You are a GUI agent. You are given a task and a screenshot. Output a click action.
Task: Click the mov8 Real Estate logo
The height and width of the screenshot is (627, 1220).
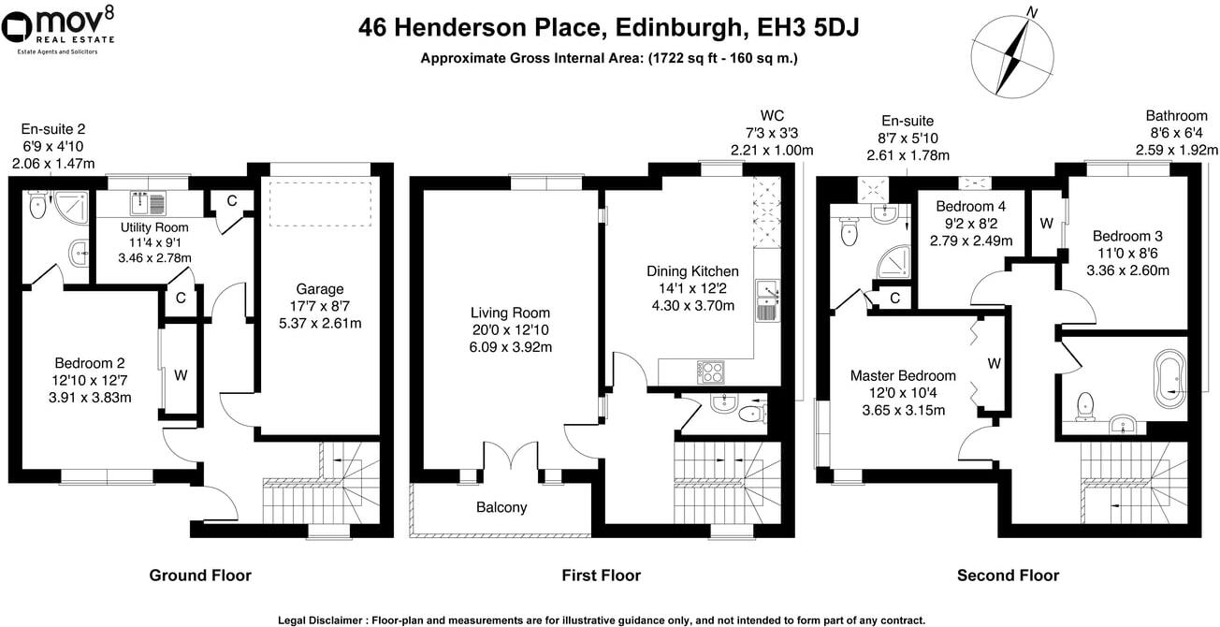61,29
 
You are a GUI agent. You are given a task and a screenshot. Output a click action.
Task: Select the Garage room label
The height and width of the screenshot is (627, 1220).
320,289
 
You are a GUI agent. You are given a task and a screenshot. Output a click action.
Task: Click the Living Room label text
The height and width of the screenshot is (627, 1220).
510,313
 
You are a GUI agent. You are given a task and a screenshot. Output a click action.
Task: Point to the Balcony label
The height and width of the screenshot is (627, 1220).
501,508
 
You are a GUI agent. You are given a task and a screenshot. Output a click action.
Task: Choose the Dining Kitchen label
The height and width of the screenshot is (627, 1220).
691,271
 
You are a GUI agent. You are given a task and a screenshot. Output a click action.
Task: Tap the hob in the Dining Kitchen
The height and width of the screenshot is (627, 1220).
711,372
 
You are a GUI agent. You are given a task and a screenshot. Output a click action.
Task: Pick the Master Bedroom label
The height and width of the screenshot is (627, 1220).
903,375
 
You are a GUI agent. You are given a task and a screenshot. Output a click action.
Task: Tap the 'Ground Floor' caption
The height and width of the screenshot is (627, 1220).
200,576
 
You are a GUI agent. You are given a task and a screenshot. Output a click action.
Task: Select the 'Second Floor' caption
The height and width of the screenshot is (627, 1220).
1008,576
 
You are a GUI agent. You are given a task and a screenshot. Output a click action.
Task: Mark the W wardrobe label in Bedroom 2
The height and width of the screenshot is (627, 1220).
181,375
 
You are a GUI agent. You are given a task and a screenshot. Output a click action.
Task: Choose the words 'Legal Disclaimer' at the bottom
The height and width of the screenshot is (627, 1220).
321,620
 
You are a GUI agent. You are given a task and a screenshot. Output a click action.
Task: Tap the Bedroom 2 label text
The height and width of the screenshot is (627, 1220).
91,363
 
